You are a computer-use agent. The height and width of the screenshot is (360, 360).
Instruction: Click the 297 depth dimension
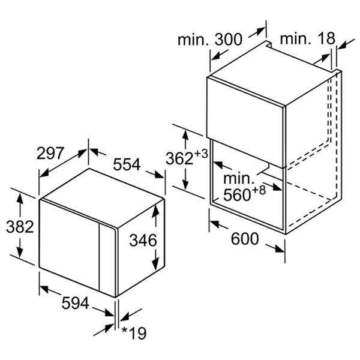(50, 154)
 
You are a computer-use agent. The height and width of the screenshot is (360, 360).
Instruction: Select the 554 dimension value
(127, 164)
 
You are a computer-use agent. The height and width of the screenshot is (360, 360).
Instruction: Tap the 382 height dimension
(20, 227)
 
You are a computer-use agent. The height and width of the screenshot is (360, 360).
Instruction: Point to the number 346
(143, 241)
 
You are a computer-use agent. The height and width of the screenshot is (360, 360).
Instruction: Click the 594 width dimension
(76, 303)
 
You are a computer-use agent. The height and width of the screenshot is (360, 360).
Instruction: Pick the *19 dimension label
(134, 333)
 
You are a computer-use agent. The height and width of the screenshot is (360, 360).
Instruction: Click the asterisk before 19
(125, 330)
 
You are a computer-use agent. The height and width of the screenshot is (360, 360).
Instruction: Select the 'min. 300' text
(210, 39)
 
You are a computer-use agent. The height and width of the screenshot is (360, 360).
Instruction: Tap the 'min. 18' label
(308, 38)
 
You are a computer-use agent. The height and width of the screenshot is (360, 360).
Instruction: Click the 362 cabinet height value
(179, 158)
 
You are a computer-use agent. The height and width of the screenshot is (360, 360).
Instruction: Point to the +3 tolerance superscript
(201, 154)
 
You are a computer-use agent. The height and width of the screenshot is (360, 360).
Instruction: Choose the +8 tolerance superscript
(259, 190)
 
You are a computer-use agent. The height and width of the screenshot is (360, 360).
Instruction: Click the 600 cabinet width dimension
(245, 239)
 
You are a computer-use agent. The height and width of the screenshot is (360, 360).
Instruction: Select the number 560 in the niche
(237, 195)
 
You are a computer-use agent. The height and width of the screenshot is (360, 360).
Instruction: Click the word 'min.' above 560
(239, 178)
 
